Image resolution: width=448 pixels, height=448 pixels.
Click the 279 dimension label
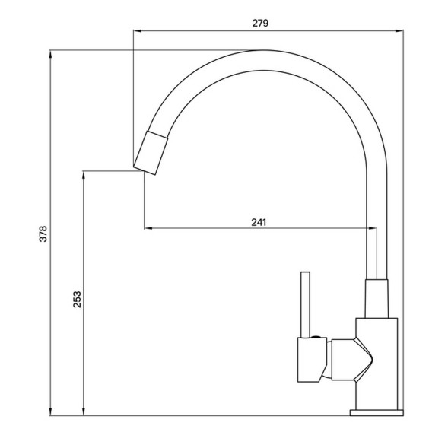point(260,23)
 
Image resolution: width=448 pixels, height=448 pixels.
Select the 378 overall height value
point(43,233)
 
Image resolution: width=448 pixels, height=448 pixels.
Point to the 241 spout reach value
point(259,222)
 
